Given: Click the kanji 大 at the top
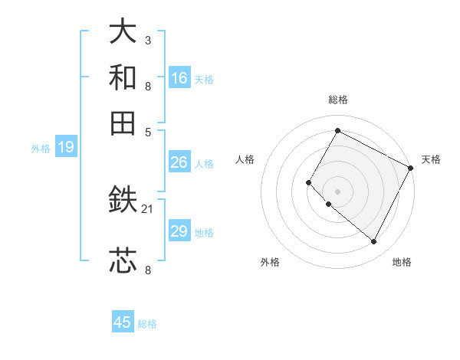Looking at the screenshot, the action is [123, 32].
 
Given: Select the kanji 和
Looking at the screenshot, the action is [123, 77].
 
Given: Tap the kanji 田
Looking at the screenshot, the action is [123, 123].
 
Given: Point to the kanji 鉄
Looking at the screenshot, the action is [123, 201].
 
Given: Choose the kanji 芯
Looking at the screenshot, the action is [123, 260].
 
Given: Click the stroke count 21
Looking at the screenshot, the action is [148, 208].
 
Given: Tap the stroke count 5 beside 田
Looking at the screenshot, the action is [148, 131].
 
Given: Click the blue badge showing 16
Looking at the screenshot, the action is [179, 77].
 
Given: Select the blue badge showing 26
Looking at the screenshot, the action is [179, 162].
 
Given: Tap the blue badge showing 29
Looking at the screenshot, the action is [179, 231].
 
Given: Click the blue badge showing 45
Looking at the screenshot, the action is [123, 322].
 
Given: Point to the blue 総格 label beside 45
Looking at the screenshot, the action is [147, 324].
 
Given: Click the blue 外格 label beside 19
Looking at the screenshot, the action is [41, 149].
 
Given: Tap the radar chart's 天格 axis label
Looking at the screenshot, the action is [431, 159].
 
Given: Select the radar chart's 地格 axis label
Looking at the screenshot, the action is [402, 263].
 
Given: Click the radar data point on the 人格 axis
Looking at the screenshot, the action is [309, 182].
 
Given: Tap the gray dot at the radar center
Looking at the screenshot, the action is [337, 191].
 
